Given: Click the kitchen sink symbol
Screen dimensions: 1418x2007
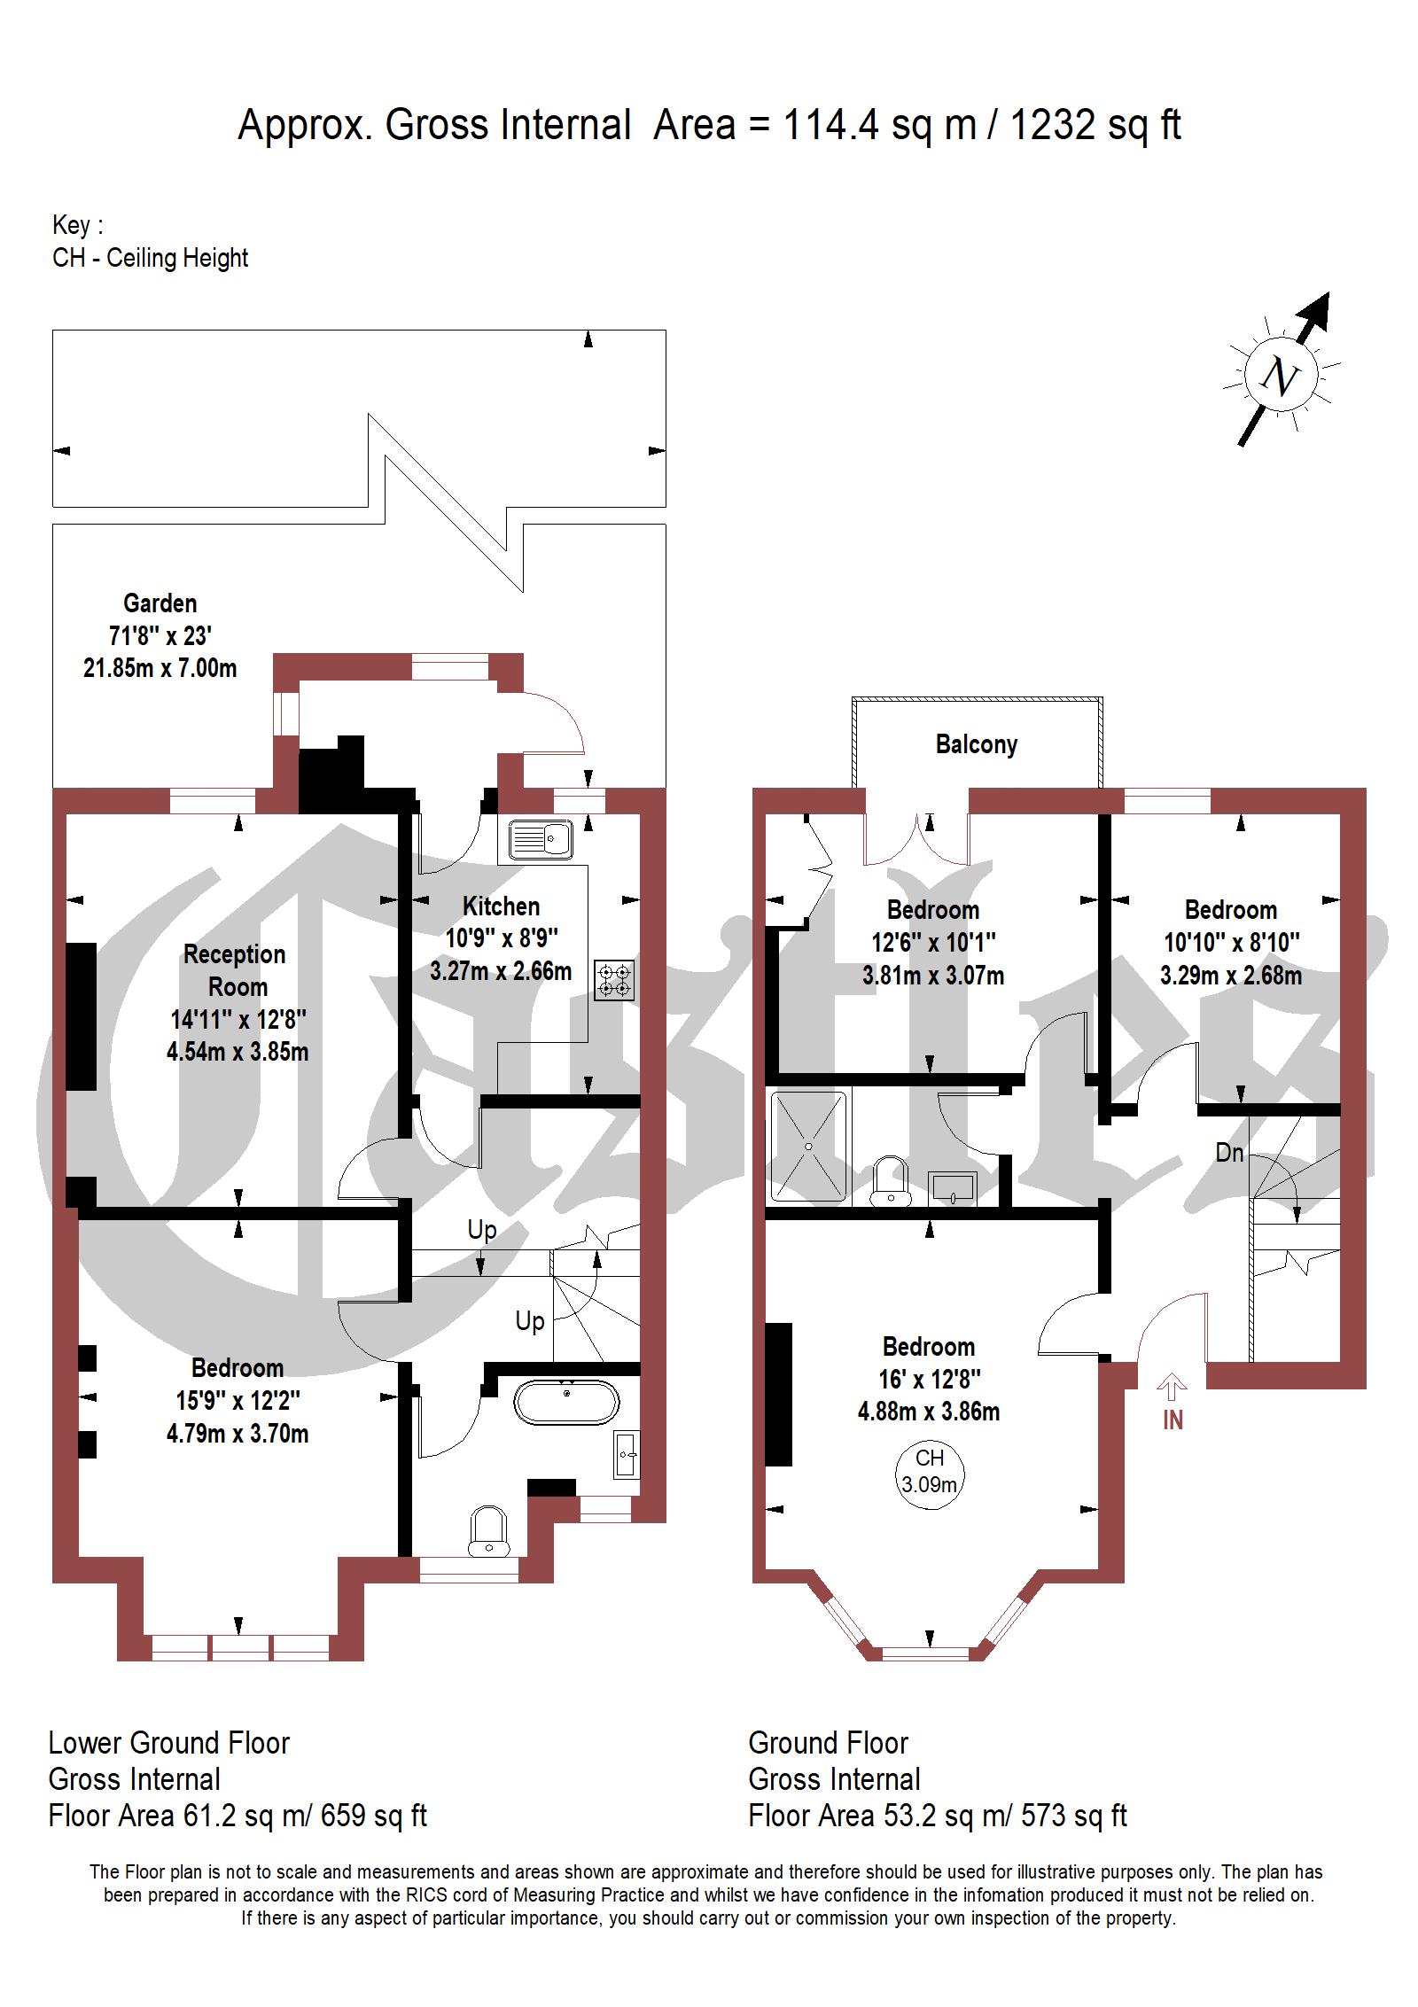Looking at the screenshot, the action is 541,837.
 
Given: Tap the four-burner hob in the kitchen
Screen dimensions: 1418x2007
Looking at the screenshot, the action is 615,980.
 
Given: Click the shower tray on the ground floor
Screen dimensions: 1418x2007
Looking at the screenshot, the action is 808,1146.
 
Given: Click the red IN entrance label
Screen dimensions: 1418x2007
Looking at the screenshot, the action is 1173,1420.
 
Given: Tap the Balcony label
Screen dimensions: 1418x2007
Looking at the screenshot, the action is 977,744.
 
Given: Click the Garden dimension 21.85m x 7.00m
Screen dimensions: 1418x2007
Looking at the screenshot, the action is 160,668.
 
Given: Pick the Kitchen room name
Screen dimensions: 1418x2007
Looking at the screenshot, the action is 501,906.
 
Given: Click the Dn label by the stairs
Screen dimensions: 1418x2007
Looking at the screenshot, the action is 1229,1153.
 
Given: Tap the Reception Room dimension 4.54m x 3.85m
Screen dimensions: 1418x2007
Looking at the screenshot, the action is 238,1052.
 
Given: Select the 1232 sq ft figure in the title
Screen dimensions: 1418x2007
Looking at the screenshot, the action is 1095,125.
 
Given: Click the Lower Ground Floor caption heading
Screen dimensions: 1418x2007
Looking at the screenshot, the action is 169,1743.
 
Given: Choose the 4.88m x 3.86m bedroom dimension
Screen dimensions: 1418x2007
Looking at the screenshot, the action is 929,1412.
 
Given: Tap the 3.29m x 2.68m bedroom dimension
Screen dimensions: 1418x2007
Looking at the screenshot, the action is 1231,976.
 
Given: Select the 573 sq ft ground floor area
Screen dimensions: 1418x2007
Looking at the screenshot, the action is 1074,1816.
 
